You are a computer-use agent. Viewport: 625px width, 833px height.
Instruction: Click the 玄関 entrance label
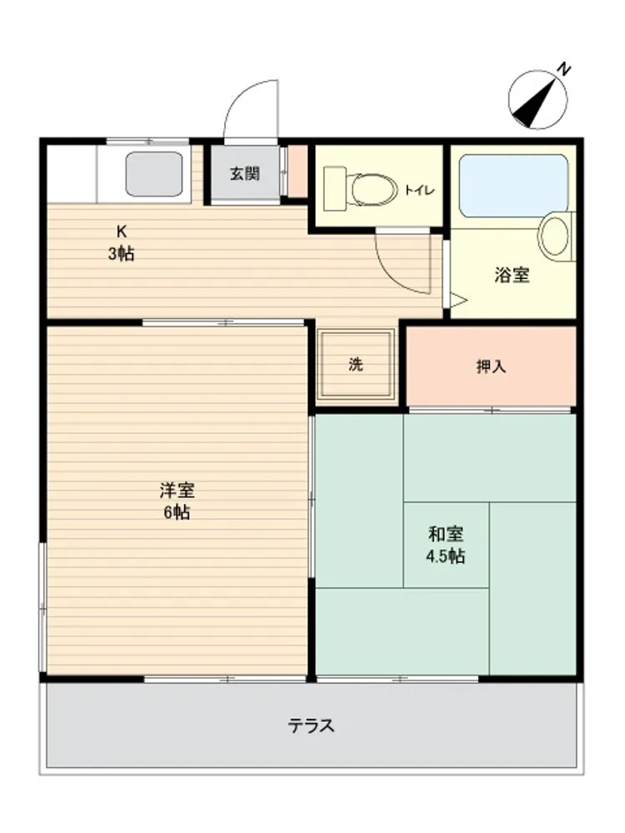[x=244, y=174]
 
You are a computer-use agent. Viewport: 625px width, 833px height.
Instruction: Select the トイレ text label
[x=420, y=190]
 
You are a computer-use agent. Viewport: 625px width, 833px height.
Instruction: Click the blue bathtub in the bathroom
[x=514, y=186]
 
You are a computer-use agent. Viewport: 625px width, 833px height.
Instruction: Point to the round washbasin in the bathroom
[x=555, y=236]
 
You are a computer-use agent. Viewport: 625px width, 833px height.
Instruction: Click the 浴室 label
[x=512, y=275]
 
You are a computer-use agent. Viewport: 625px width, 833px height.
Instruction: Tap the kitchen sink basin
[x=154, y=174]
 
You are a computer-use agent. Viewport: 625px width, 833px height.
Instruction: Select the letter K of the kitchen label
[x=122, y=232]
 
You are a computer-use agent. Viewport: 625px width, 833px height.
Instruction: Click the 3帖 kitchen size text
[x=122, y=254]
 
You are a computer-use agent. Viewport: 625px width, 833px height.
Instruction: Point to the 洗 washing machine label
[x=356, y=365]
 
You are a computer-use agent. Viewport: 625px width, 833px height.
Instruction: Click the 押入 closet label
[x=491, y=366]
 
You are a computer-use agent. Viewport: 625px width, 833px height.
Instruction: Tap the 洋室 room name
[x=177, y=490]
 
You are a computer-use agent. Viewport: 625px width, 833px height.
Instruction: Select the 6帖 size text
[x=177, y=512]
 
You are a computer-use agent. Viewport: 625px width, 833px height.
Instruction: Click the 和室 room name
[x=445, y=533]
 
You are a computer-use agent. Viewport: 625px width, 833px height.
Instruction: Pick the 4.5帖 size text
[x=445, y=556]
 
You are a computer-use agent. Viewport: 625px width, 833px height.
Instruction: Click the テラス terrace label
[x=312, y=726]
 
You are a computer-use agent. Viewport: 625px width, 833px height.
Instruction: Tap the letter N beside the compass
[x=563, y=70]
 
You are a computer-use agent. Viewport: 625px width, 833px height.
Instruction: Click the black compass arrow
[x=535, y=102]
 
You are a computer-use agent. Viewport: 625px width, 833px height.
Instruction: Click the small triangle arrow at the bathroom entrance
[x=458, y=301]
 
